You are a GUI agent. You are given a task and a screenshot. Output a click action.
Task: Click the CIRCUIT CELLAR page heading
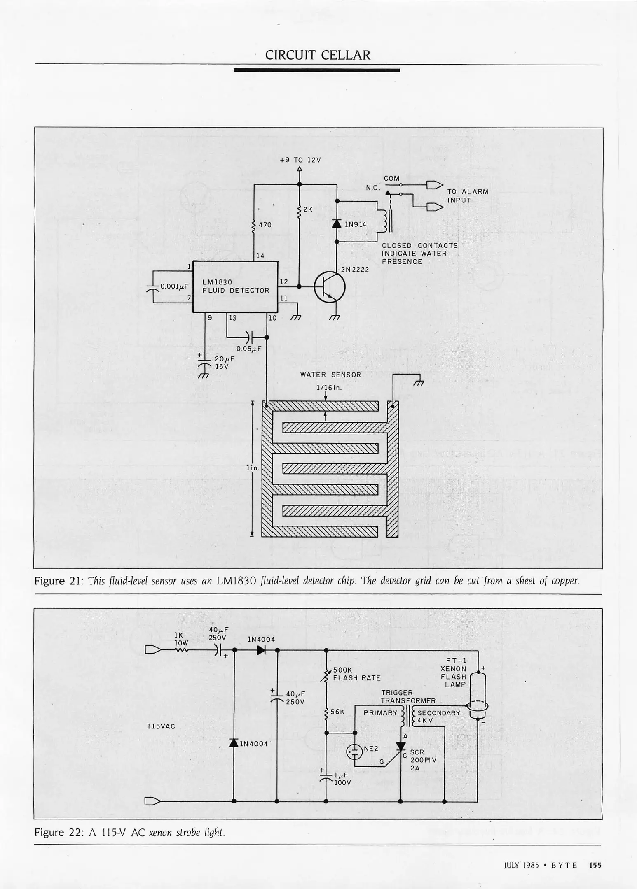point(318,55)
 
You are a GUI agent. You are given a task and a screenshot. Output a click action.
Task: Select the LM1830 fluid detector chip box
point(235,287)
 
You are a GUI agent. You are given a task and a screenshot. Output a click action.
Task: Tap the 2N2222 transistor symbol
point(330,287)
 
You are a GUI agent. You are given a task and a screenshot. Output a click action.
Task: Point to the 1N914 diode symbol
point(337,224)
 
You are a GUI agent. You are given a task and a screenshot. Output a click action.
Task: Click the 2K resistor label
point(308,209)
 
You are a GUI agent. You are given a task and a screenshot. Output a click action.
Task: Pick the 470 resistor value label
point(265,225)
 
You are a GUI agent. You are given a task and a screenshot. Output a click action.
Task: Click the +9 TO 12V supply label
point(300,160)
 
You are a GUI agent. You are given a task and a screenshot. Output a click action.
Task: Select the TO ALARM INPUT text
point(467,196)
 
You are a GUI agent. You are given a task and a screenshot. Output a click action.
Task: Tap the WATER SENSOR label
point(330,375)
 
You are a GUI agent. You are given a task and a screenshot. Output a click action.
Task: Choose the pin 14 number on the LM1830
point(260,256)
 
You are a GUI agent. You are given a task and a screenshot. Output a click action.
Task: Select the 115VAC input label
point(161,726)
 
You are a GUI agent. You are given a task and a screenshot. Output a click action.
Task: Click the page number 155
point(595,865)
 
